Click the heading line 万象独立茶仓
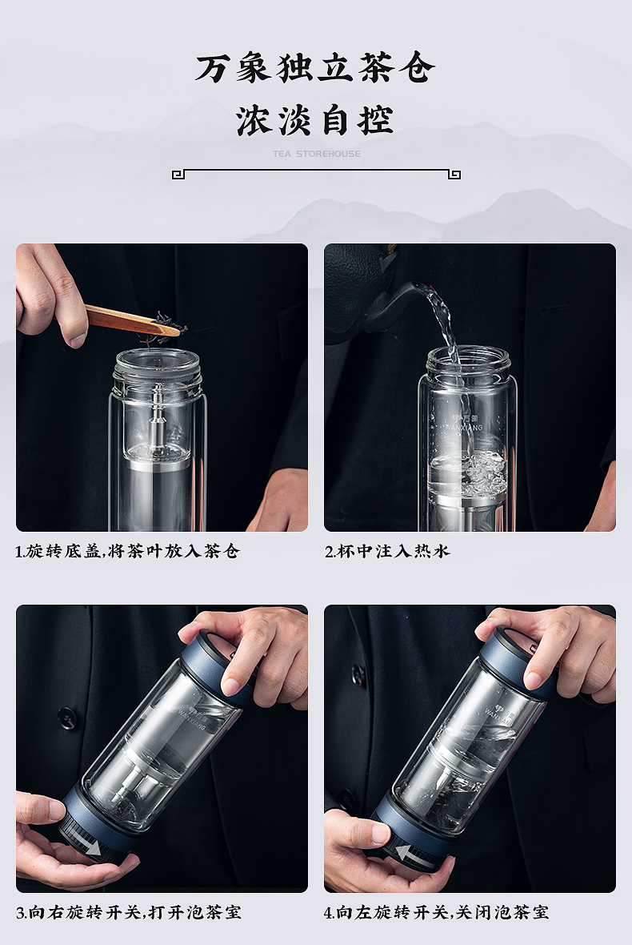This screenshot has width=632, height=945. coord(314,67)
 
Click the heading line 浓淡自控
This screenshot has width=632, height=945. coord(314,120)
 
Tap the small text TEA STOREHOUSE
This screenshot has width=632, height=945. coord(317,154)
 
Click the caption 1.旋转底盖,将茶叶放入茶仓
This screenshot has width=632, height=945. coord(128,551)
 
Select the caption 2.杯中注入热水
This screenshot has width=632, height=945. coord(388,551)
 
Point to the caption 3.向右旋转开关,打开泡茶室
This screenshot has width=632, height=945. coord(129,912)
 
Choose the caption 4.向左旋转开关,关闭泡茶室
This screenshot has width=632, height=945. coord(436,912)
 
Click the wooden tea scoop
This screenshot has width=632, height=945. coord(133,321)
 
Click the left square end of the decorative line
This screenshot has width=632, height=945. coord(178,175)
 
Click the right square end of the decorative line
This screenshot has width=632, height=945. coord(454,175)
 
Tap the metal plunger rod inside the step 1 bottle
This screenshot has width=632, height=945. coord(158,416)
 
